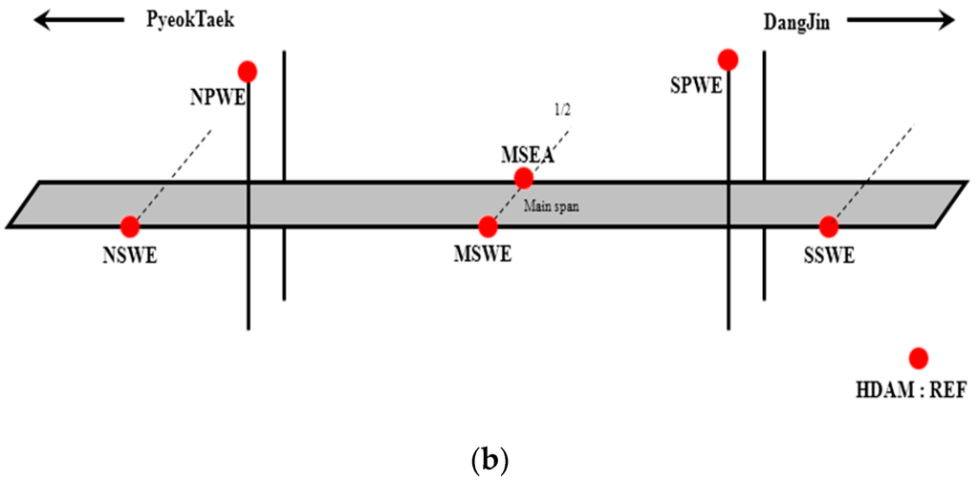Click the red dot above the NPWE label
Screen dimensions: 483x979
(248, 71)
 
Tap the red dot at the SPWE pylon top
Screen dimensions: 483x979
(728, 60)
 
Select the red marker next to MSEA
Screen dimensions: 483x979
(523, 178)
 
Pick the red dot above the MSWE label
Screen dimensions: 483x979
(488, 227)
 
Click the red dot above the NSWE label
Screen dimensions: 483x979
(130, 227)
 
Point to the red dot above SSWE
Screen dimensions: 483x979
(829, 227)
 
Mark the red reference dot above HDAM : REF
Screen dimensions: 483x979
(919, 358)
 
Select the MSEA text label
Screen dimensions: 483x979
(527, 154)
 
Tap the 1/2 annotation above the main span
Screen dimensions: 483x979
(561, 109)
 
